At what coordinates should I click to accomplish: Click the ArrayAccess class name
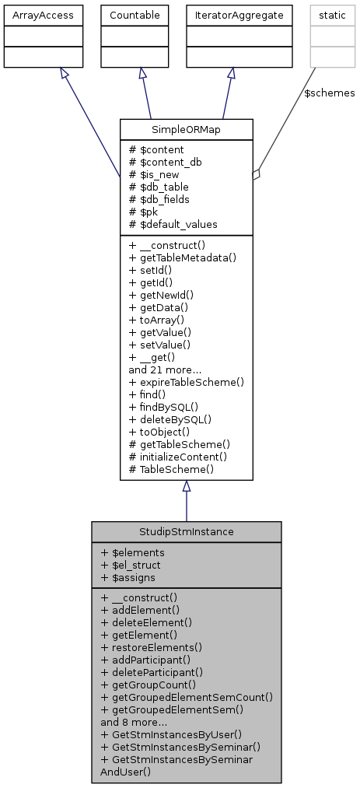click(x=33, y=14)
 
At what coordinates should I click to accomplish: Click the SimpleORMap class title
click(x=186, y=129)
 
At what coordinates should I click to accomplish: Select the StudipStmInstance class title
click(x=186, y=532)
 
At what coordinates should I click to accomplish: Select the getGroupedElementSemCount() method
click(x=186, y=686)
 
